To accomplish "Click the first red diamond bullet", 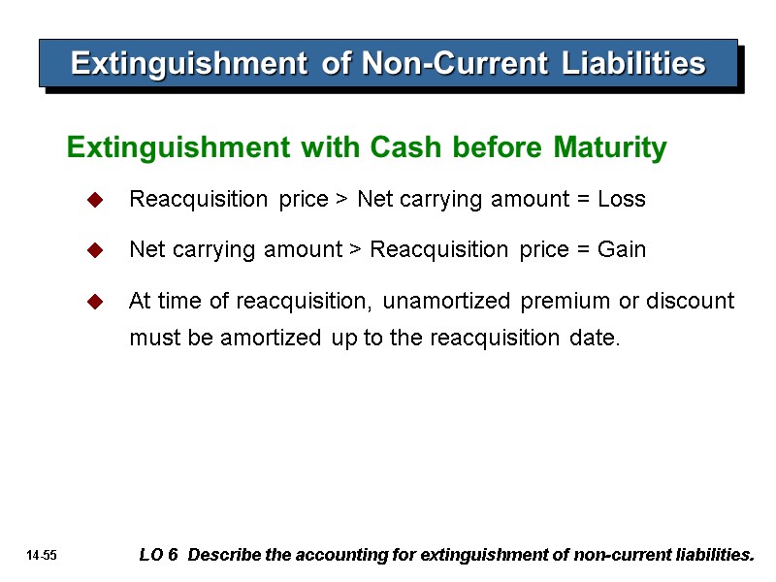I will point(95,200).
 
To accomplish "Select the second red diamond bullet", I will point(95,250).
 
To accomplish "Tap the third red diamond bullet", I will point(95,302).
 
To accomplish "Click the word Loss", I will point(621,200).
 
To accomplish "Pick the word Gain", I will point(622,250).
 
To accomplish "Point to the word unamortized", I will point(448,302).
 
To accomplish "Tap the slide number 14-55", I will point(43,556).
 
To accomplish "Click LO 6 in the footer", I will point(159,556).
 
